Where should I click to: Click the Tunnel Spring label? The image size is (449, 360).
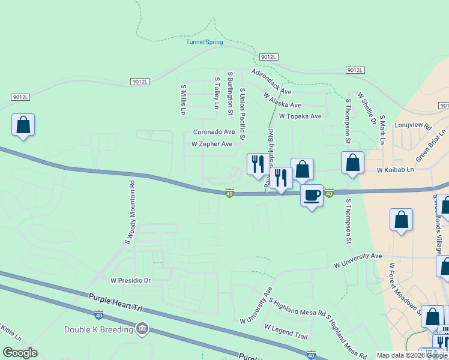click(204, 42)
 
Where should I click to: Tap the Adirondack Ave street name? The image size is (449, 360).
click(271, 82)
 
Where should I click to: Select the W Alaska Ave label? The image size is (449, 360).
click(282, 100)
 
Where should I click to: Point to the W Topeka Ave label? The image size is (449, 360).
click(300, 116)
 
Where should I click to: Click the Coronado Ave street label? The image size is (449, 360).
click(214, 132)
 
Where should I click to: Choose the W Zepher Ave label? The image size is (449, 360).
click(212, 145)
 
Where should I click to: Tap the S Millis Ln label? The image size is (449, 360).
click(184, 100)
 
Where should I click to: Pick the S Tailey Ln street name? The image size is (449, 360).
click(217, 92)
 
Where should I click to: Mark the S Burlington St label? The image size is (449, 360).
click(230, 94)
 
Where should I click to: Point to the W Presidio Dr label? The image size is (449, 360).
click(130, 280)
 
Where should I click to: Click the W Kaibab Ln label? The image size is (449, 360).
click(396, 170)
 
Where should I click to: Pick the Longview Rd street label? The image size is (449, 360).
click(413, 127)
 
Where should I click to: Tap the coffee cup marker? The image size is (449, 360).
click(312, 195)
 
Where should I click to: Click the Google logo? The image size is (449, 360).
click(20, 353)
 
